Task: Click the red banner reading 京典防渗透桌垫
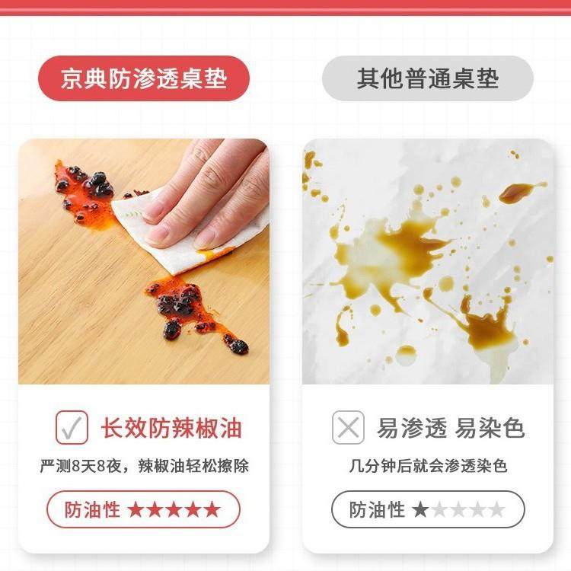pos(144,78)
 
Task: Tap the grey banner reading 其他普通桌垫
pos(427,78)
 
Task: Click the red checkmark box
pos(72,427)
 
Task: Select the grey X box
pos(348,428)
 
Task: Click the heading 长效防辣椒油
pos(171,428)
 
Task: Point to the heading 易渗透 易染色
pos(451,428)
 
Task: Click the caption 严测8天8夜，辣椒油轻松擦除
pos(144,465)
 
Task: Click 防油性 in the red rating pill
pos(92,509)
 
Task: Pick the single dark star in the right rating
pos(419,509)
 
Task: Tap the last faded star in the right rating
pos(496,509)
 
